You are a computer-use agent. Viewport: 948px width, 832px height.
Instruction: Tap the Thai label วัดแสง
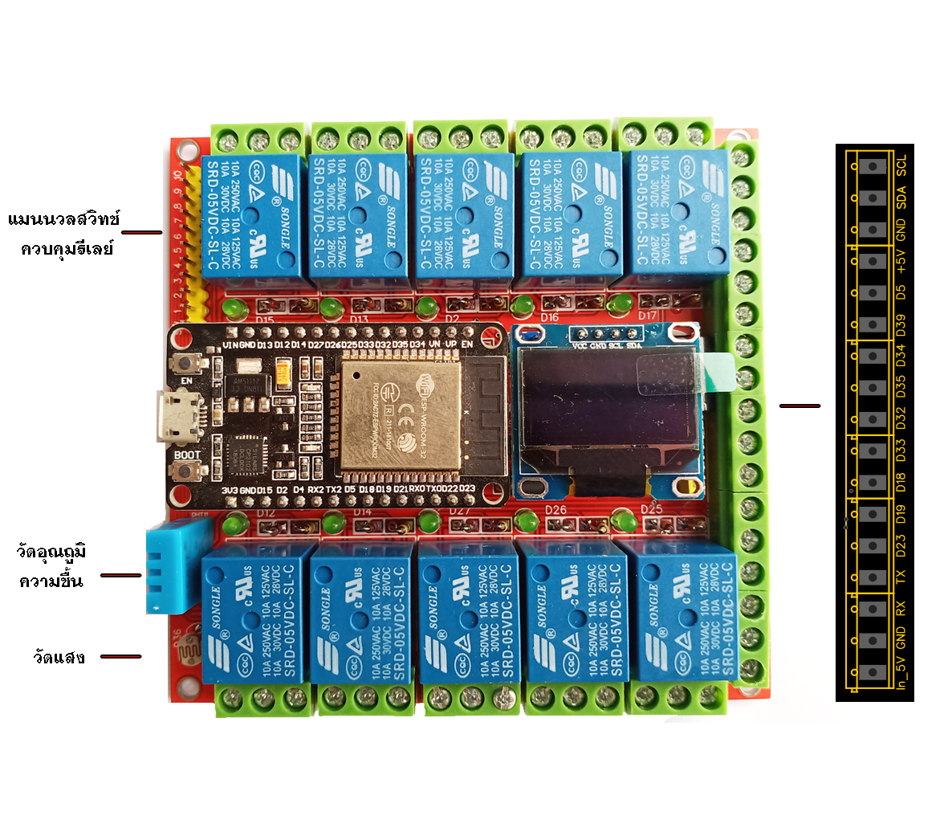[59, 657]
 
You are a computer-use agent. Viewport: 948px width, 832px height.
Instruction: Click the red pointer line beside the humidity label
[121, 575]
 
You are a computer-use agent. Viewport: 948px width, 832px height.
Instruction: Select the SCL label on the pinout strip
[901, 166]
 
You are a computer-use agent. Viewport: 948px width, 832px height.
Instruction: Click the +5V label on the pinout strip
[901, 259]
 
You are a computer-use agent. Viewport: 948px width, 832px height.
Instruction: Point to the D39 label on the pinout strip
[901, 324]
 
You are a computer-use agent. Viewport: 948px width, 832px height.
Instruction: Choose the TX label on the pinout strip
[901, 577]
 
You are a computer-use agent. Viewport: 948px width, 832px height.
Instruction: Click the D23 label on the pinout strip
[901, 547]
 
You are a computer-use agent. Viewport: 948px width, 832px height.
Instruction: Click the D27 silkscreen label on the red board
[459, 512]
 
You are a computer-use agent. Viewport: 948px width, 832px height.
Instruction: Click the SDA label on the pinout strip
[901, 196]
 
